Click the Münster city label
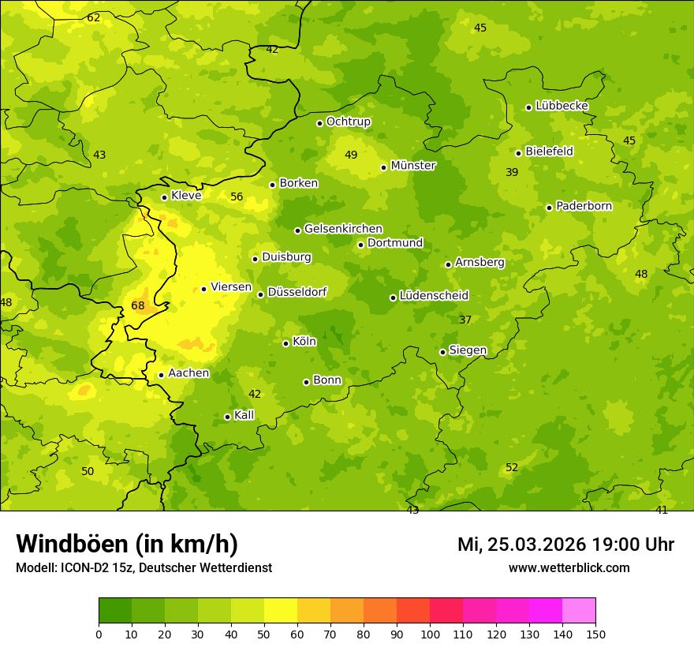[x=413, y=166]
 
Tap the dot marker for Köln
[x=285, y=343]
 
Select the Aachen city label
[x=188, y=373]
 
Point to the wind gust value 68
[x=138, y=305]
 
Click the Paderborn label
[x=584, y=206]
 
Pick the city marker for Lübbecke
[x=528, y=107]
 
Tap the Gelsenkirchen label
[x=343, y=229]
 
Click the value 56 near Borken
[x=237, y=196]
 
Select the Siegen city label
[x=468, y=350]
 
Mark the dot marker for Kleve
[x=164, y=198]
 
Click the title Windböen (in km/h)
[x=127, y=544]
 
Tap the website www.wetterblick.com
[x=569, y=567]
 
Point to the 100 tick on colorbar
[x=430, y=633]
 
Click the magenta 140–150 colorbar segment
[x=579, y=611]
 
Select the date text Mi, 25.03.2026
[x=521, y=545]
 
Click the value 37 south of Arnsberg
[x=465, y=320]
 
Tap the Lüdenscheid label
[x=434, y=296]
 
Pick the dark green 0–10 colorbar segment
[x=115, y=611]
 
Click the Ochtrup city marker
[x=319, y=123]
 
